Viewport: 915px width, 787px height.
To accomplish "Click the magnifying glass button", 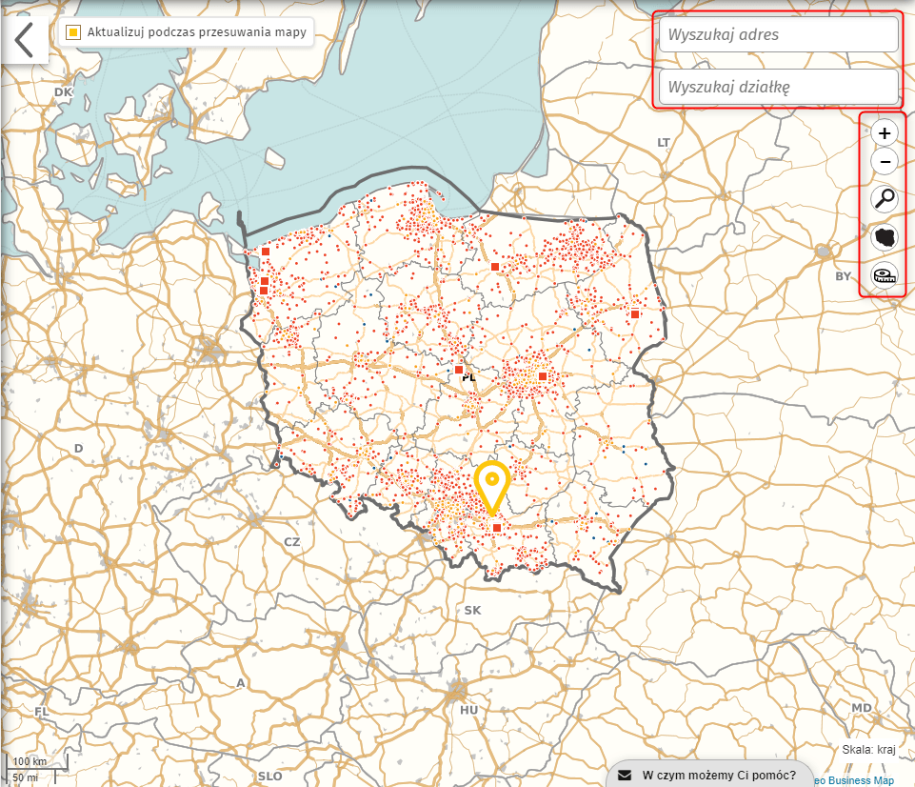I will tap(885, 199).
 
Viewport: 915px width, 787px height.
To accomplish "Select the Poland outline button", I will tap(885, 237).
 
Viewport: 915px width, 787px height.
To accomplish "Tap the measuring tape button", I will tap(885, 275).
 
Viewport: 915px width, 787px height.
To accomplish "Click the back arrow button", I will tap(24, 40).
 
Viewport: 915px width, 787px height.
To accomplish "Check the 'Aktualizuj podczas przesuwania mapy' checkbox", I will tap(73, 32).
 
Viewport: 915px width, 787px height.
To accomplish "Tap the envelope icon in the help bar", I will tap(625, 774).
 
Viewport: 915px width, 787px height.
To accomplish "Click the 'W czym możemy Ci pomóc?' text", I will tap(719, 774).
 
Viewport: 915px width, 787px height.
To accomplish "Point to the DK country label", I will tap(64, 91).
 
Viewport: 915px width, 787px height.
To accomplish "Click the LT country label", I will tap(665, 141).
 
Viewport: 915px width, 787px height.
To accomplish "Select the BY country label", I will tap(843, 276).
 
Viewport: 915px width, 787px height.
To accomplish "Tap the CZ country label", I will tap(292, 541).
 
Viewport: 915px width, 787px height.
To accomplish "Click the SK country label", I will tap(473, 610).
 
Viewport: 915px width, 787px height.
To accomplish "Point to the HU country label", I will tap(468, 710).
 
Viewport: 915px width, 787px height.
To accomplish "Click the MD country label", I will tap(862, 707).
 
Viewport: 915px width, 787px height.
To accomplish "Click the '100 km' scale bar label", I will tap(30, 761).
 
